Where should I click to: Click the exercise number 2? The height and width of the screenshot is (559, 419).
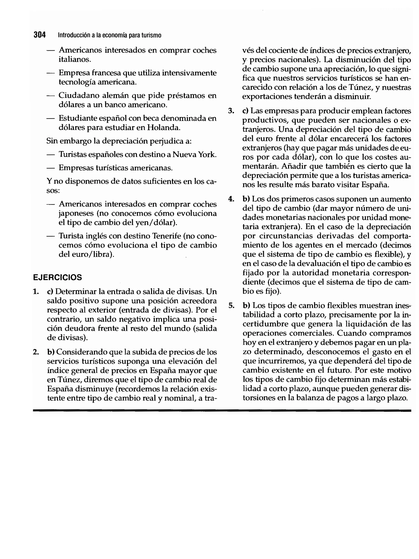tap(36, 352)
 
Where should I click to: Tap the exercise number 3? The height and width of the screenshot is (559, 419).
tap(231, 111)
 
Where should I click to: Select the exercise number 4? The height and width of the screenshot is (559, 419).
tap(231, 199)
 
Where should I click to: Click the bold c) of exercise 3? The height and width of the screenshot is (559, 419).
tap(245, 111)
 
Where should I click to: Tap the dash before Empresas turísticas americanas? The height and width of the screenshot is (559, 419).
tap(50, 168)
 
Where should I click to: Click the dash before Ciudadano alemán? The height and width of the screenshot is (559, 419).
tap(50, 96)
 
